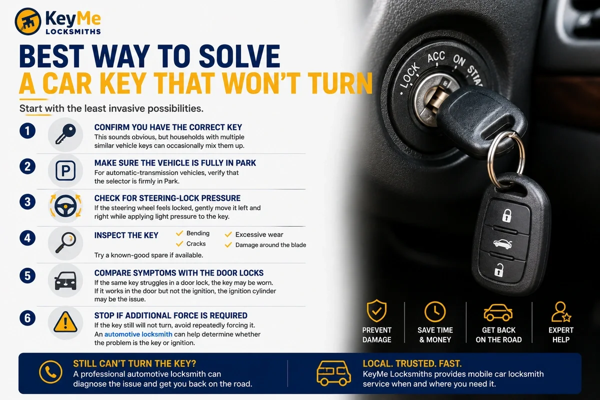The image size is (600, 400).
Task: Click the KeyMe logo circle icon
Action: coord(28,21)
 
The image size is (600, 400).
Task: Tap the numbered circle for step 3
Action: coord(27,201)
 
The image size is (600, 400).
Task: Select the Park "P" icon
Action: coord(65,170)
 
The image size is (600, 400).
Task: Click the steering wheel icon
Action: coord(65,206)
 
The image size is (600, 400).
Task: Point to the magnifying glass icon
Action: coord(66,242)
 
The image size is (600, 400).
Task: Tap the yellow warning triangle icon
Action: coord(65,322)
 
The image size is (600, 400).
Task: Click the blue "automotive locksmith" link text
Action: coord(138,334)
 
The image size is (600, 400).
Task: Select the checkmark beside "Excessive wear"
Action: coord(228,234)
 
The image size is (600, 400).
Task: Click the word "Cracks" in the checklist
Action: coord(196,244)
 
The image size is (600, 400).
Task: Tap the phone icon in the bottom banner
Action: coord(50,372)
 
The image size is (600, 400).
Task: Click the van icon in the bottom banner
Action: coord(333,373)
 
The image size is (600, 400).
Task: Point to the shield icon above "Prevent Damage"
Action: coord(376,311)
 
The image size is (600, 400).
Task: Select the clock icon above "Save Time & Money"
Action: coord(435,311)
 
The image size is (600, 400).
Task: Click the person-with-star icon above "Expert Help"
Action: coord(561,312)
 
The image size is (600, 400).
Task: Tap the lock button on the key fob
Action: coord(506,215)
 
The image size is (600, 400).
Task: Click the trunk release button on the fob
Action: coord(502,244)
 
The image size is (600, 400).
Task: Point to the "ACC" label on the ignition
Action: coord(436,57)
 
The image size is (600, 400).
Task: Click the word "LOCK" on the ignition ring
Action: coord(410,75)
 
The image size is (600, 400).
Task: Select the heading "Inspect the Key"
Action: coord(126,235)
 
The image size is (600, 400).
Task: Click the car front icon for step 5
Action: coord(65,280)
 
